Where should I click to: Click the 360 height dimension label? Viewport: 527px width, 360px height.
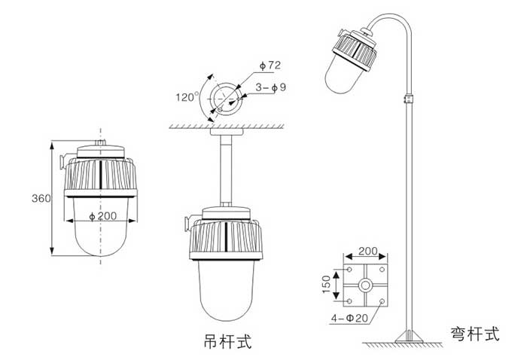pyautogui.click(x=41, y=199)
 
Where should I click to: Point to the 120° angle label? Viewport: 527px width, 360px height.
pyautogui.click(x=185, y=97)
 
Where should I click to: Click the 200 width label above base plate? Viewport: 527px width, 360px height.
pyautogui.click(x=367, y=250)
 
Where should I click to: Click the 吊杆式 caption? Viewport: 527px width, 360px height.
pyautogui.click(x=227, y=343)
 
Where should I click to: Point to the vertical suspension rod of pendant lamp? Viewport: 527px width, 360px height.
pyautogui.click(x=224, y=170)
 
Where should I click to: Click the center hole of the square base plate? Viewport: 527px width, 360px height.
pyautogui.click(x=365, y=286)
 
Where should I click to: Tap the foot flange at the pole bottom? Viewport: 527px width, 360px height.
pyautogui.click(x=410, y=335)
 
